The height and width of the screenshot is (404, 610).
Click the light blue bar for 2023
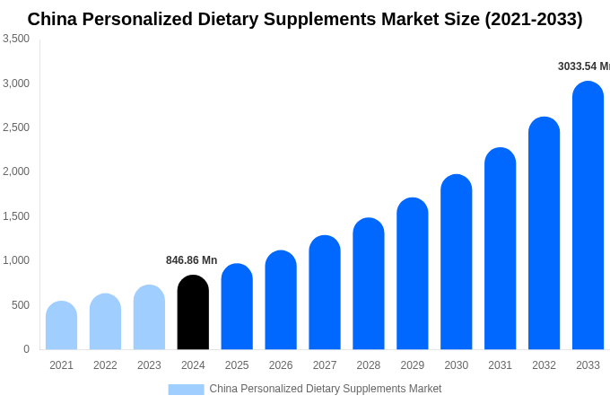coord(149,318)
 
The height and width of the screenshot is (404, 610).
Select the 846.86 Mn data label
coord(191,260)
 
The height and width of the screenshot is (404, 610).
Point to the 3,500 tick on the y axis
coord(16,39)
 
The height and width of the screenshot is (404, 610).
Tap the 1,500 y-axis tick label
coord(16,216)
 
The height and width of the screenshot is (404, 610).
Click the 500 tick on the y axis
coord(20,305)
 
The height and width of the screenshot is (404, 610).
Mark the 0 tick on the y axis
coord(26,349)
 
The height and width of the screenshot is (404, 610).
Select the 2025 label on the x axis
coord(237,365)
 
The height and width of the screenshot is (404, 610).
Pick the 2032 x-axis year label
coord(544,365)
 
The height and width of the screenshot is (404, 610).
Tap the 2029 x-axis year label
coord(413,365)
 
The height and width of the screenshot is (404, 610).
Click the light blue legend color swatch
coord(186,389)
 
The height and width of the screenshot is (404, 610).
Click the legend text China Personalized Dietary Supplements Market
coord(325,389)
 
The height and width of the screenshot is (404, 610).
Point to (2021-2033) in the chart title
coord(533,19)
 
